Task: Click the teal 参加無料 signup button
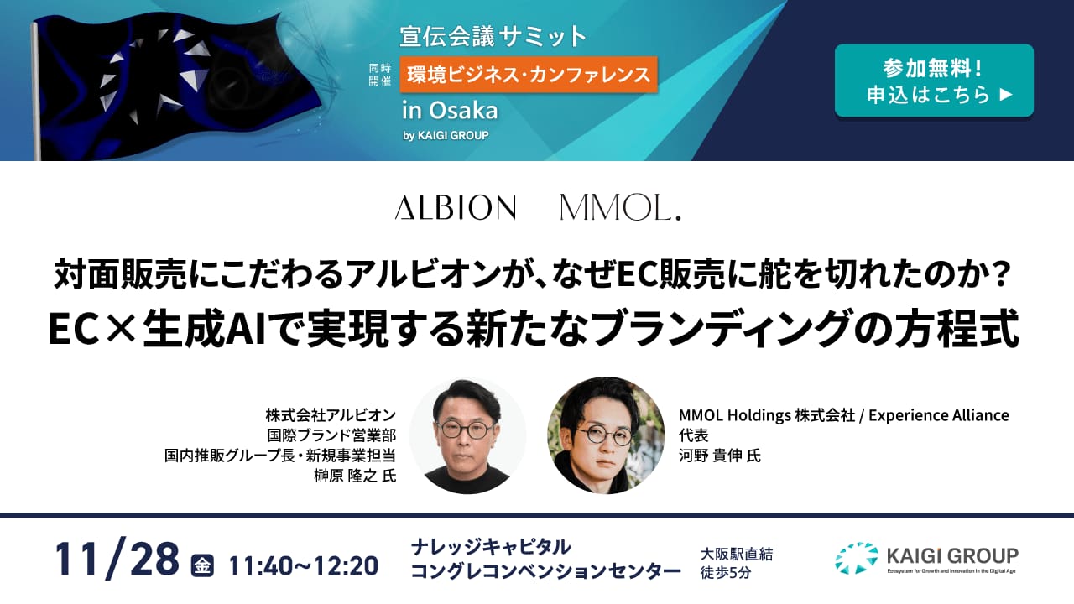933,81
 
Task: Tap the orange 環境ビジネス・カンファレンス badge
529,75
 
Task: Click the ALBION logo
455,207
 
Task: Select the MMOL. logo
620,207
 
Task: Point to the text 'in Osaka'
450,110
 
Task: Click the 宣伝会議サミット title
493,36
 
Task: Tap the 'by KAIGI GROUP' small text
446,135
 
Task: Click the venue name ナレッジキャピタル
491,548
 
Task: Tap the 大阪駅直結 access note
736,554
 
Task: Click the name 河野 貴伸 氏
719,456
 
